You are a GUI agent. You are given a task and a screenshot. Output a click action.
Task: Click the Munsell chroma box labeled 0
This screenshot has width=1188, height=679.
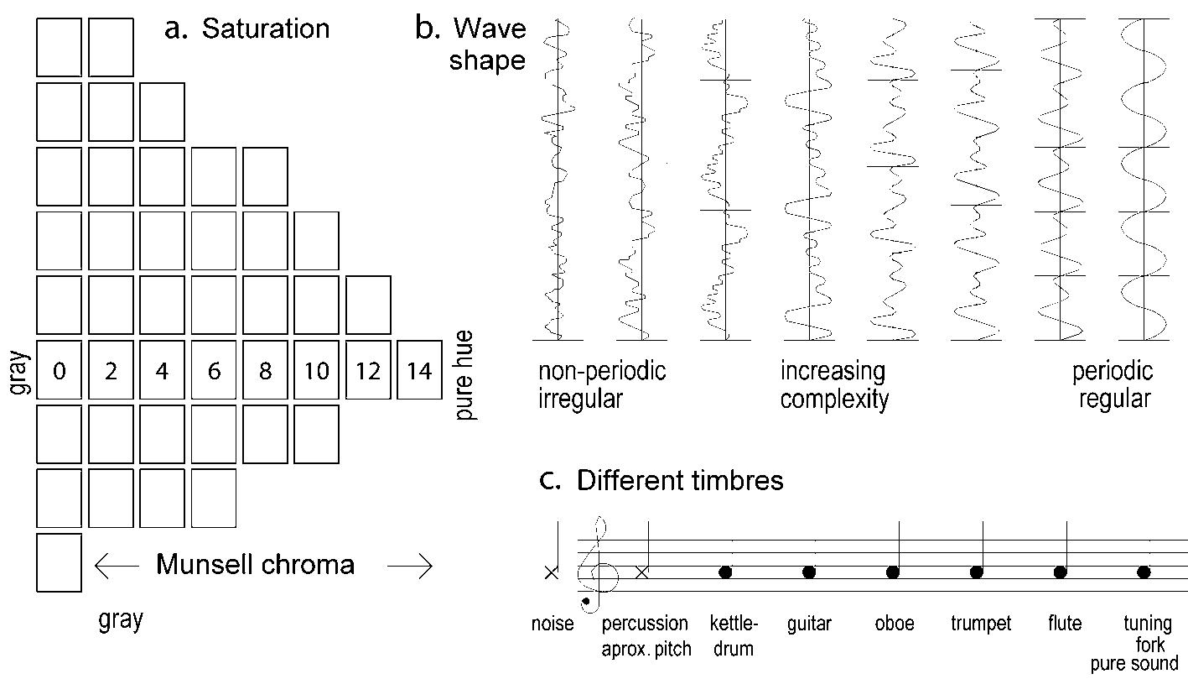point(60,370)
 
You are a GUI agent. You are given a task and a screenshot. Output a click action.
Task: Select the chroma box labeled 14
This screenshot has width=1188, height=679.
point(419,370)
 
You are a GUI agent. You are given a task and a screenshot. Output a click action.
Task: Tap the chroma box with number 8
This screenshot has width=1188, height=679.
point(265,370)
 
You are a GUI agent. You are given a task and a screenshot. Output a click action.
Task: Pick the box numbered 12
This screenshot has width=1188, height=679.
point(368,370)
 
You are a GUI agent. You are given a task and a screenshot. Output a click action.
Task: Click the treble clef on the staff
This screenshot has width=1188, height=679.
point(597,565)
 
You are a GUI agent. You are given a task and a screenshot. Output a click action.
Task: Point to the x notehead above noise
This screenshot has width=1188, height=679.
point(551,572)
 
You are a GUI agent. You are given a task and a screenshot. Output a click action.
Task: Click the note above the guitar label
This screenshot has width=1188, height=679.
point(809,572)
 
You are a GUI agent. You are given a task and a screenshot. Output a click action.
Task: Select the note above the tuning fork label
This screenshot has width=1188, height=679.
point(1144,572)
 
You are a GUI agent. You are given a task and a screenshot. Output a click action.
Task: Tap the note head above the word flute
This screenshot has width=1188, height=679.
point(1061,572)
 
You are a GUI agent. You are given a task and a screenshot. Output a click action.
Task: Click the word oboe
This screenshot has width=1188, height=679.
point(893,624)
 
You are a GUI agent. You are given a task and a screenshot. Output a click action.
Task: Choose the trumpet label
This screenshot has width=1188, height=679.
point(981,624)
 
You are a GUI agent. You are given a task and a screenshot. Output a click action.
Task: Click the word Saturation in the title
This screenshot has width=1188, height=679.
point(266,29)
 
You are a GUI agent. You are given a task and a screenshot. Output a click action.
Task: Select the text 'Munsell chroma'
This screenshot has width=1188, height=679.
point(255,565)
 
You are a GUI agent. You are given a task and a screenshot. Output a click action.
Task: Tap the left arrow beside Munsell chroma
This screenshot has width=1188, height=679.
point(117,567)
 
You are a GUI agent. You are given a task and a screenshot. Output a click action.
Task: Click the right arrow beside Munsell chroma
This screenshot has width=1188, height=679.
point(410,567)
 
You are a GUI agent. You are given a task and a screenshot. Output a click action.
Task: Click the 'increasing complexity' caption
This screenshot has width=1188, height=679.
point(833,384)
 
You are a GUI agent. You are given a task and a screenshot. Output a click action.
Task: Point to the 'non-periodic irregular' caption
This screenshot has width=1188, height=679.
point(602,384)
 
